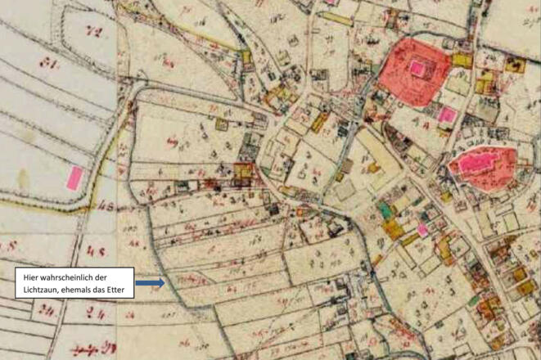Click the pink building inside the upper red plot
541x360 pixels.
(x=418, y=69)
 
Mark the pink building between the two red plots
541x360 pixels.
(x=447, y=115)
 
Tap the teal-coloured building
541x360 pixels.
(x=385, y=211)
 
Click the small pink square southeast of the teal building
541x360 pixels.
(x=422, y=230)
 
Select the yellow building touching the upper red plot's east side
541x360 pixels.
(x=462, y=60)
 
